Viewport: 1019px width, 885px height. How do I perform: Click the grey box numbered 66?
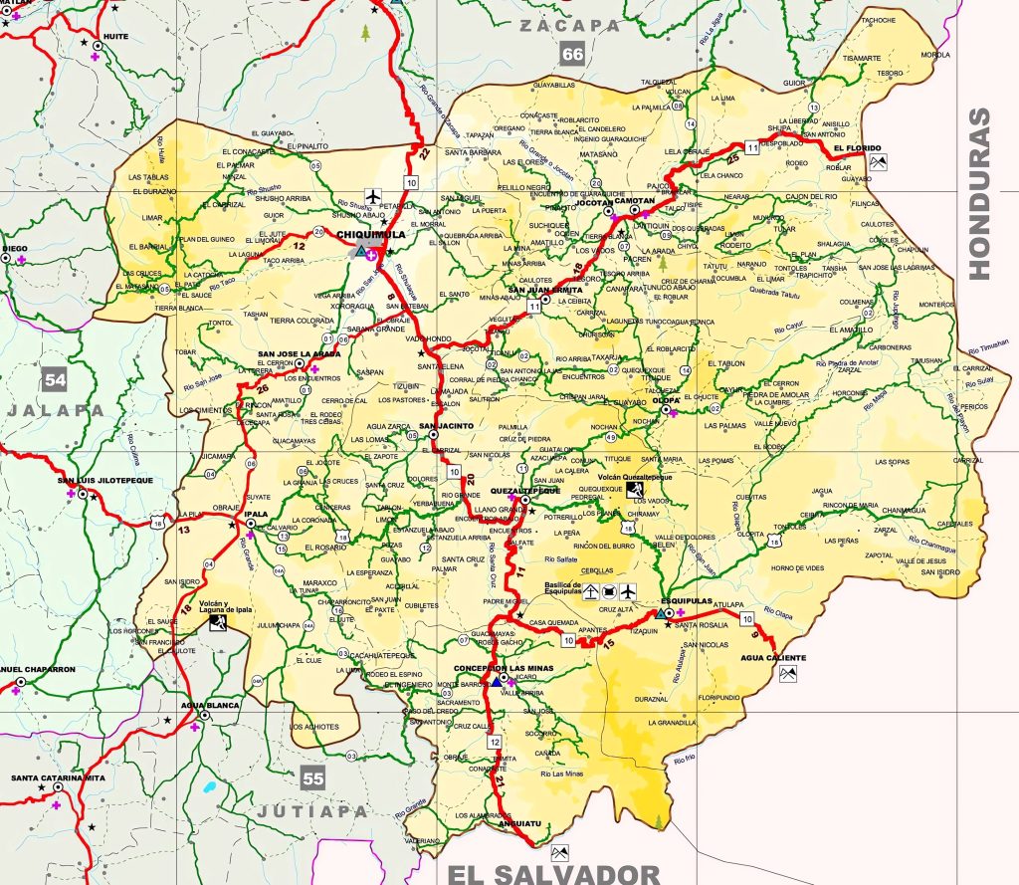click(571, 55)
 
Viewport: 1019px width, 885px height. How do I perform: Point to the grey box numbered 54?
click(55, 379)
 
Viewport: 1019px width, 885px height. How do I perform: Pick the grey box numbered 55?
click(313, 777)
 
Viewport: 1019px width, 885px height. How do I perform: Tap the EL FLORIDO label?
click(851, 148)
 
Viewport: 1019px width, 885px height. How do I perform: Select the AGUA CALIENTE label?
click(774, 658)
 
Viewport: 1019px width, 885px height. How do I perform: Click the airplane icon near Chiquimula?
click(373, 194)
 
